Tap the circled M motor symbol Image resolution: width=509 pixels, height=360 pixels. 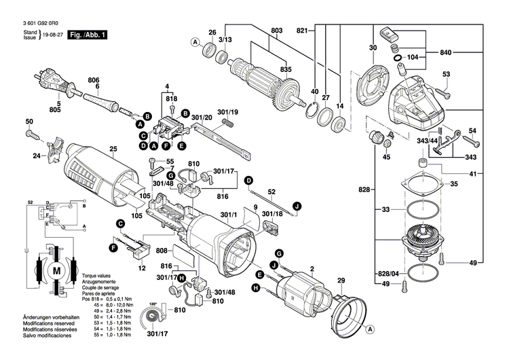56,270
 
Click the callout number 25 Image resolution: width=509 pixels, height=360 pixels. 113,149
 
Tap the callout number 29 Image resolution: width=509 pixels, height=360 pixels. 341,280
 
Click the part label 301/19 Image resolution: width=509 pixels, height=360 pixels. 227,112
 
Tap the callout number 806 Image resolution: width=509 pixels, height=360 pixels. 93,79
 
